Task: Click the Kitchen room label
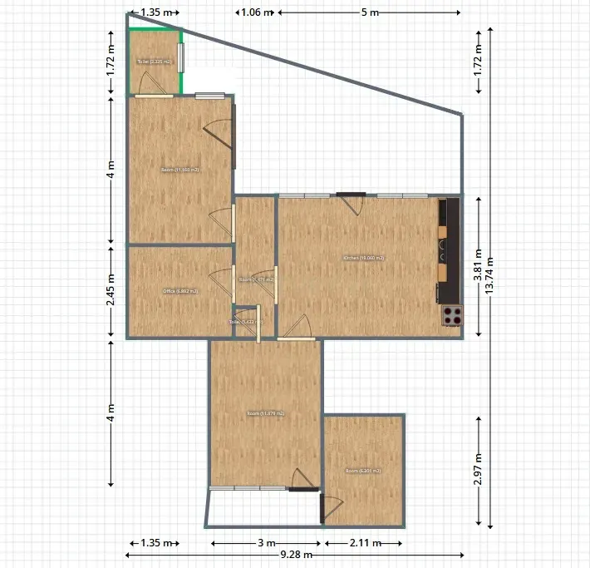363,258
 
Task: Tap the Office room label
179,291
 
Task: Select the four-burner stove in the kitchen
451,315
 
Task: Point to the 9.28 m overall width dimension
296,555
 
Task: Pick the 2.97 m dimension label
478,468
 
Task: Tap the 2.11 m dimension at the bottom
364,543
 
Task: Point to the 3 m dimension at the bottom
266,543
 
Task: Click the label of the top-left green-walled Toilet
154,62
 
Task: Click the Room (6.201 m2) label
363,471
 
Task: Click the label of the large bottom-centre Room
265,413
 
